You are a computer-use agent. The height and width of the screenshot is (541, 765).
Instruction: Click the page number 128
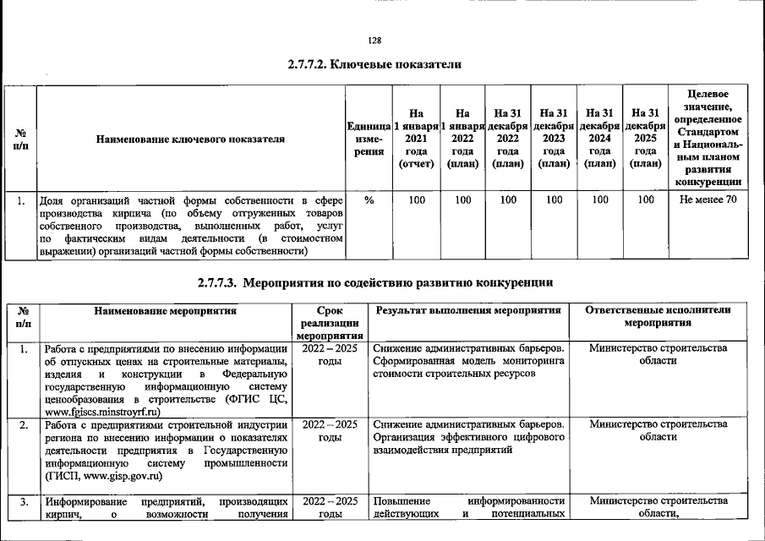(375, 41)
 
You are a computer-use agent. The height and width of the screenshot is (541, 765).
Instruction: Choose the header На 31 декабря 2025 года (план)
(645, 139)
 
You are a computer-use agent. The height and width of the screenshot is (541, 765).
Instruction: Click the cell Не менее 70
(708, 200)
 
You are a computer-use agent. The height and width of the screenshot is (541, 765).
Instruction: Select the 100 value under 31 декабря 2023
(554, 200)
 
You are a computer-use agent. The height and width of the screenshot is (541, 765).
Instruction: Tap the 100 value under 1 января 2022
(462, 200)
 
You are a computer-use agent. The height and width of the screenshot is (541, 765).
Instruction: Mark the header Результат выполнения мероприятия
(468, 310)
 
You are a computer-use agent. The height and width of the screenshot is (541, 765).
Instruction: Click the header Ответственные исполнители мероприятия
(658, 317)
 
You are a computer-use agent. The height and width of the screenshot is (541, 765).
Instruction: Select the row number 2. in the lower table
(24, 425)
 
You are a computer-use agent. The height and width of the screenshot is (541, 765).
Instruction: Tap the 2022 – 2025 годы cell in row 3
(330, 509)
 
